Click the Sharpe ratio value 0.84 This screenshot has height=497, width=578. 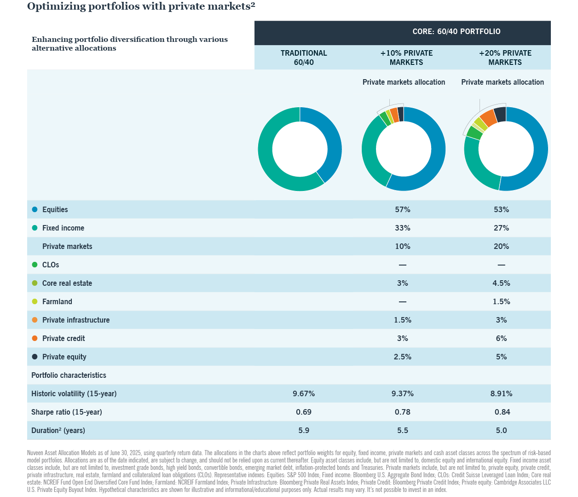(502, 412)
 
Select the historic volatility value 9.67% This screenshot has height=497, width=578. (304, 393)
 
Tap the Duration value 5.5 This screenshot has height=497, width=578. (402, 430)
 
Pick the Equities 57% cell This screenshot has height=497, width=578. (402, 209)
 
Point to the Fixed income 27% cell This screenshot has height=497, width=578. (501, 228)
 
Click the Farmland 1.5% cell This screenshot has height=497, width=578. (501, 301)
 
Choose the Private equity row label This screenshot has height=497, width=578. (64, 357)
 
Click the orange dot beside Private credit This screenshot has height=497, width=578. (35, 338)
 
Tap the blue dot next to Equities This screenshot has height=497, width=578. (35, 209)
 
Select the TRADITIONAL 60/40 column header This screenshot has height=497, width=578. (304, 58)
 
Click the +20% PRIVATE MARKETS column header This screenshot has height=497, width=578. (505, 58)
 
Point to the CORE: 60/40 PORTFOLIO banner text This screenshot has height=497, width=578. (456, 32)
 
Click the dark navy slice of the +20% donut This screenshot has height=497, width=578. (500, 114)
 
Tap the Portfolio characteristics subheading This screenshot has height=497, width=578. (69, 375)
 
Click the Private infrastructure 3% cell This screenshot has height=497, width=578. (501, 320)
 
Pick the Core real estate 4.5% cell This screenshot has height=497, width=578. (501, 283)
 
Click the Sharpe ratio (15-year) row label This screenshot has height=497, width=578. (66, 412)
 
